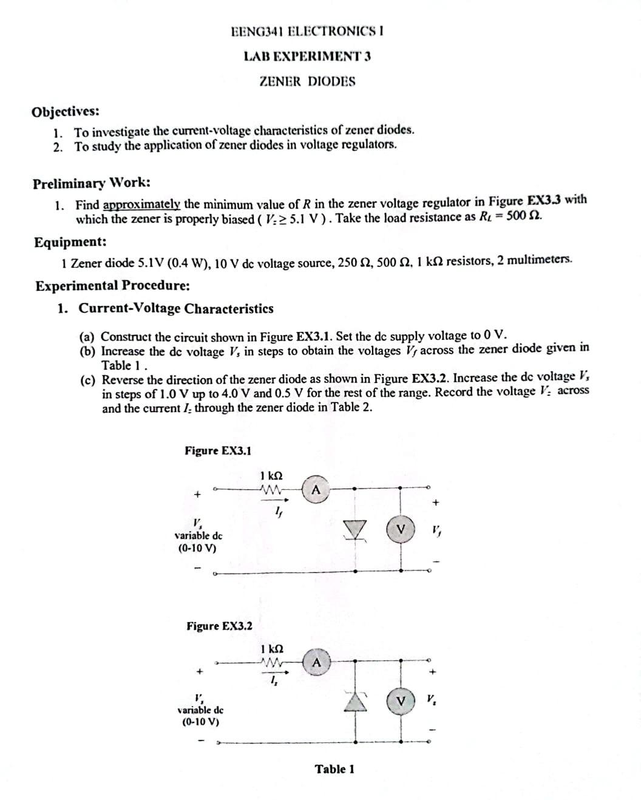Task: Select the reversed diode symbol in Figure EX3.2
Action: pos(354,702)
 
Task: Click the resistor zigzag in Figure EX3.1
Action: pos(270,489)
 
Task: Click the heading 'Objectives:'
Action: pos(66,112)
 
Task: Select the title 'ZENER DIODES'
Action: pos(307,81)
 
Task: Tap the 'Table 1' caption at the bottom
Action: pos(334,769)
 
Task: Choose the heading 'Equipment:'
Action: pos(70,242)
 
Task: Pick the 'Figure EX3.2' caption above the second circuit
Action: pos(219,626)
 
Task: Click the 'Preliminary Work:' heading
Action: pos(92,183)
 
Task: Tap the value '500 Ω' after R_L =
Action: pos(523,216)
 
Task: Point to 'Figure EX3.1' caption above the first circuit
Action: pos(218,450)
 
